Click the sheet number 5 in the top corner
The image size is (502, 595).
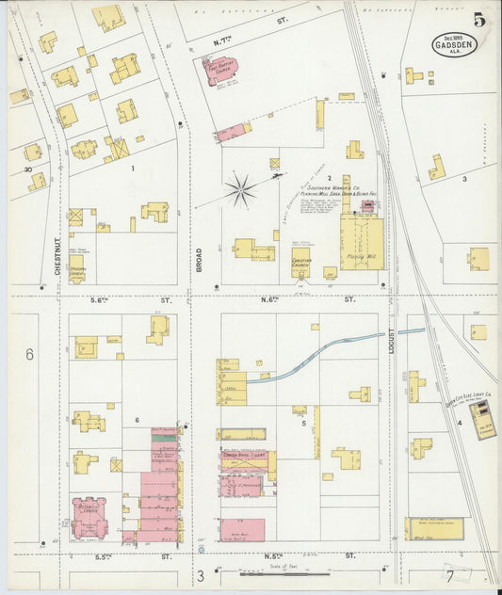480,19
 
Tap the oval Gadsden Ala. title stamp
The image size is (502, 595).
455,45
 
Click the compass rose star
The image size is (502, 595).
240,190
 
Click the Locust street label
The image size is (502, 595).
391,341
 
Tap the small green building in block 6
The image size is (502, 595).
165,437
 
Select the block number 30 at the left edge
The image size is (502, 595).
28,170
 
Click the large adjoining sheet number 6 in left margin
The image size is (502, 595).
29,355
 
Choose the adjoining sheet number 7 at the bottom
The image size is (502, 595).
450,575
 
